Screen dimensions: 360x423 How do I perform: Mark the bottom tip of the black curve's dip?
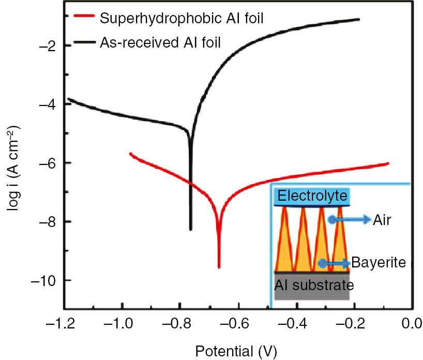click(x=191, y=229)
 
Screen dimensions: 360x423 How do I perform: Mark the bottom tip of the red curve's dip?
click(x=219, y=267)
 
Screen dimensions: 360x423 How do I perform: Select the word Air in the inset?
click(x=383, y=220)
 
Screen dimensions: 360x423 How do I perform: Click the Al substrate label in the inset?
click(x=314, y=285)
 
